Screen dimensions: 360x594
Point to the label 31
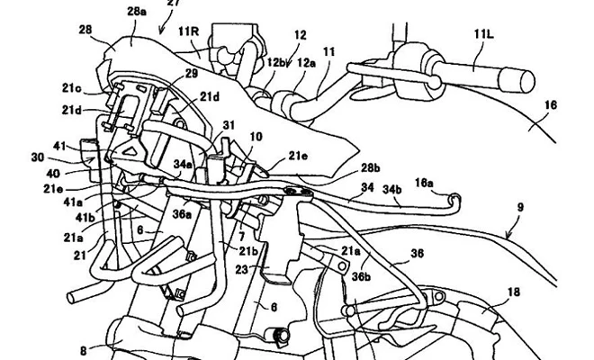228,126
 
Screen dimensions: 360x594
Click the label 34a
184,165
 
